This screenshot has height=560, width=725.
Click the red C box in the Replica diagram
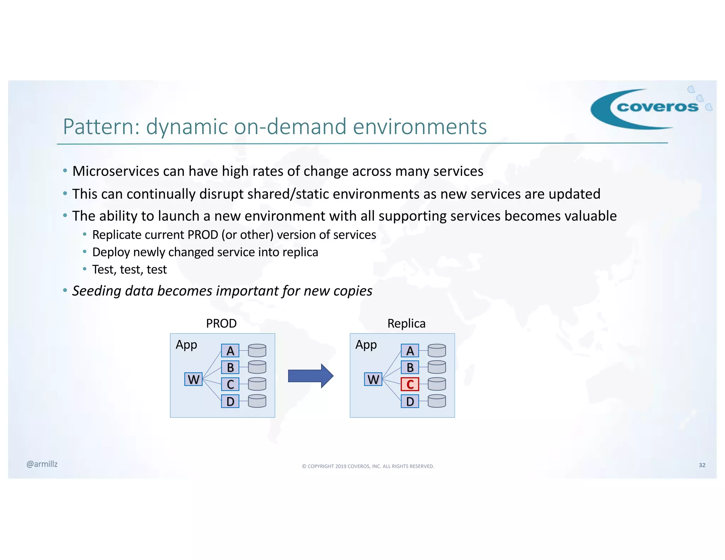410,384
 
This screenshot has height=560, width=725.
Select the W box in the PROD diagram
193,379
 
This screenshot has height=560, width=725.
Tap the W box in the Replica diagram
373,379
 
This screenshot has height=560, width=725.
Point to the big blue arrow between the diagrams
310,376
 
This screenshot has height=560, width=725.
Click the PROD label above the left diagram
221,323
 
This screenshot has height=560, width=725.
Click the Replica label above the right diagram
406,323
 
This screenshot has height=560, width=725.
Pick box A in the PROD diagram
230,350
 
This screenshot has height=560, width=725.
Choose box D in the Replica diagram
410,401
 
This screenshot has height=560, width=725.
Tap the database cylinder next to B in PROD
257,367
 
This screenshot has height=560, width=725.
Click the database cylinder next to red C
436,384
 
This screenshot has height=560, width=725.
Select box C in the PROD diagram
230,384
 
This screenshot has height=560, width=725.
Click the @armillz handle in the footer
42,464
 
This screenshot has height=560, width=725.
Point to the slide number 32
702,465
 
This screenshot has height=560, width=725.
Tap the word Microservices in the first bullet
115,171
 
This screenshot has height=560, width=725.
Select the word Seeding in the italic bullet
97,291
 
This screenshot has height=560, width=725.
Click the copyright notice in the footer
368,466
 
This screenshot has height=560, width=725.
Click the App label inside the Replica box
366,345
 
